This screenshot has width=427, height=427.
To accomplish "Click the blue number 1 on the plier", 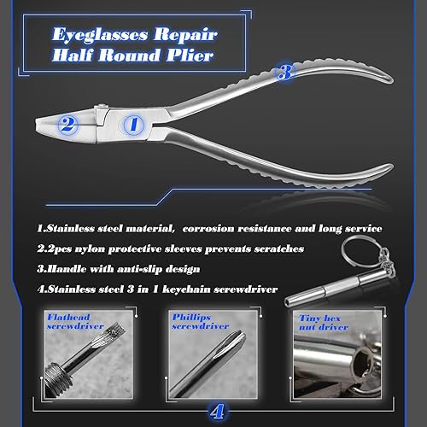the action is point(133,125).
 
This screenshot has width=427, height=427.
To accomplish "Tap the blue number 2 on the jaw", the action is point(67,124).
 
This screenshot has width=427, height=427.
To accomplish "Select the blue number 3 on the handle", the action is point(285,72).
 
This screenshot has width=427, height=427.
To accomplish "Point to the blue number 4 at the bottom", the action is point(217,411).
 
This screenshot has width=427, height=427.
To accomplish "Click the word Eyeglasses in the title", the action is point(100,35).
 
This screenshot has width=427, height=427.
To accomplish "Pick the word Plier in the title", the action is point(190,55).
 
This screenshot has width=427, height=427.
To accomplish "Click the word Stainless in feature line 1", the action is point(70,228).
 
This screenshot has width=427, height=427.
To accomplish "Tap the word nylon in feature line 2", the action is point(90,249).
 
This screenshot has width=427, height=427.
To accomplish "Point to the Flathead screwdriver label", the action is point(75,322).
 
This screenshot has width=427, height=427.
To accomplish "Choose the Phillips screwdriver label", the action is point(200,322).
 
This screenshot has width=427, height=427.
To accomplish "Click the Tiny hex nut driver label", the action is point(324,323).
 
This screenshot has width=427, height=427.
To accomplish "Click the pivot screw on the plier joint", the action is point(102,107).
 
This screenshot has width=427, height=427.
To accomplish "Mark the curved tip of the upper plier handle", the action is point(389,80).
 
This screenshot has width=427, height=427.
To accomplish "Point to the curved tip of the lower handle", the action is point(389,167).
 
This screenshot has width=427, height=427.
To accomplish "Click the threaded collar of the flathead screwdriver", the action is point(58,375).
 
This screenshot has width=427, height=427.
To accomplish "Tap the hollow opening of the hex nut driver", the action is point(363,360).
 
